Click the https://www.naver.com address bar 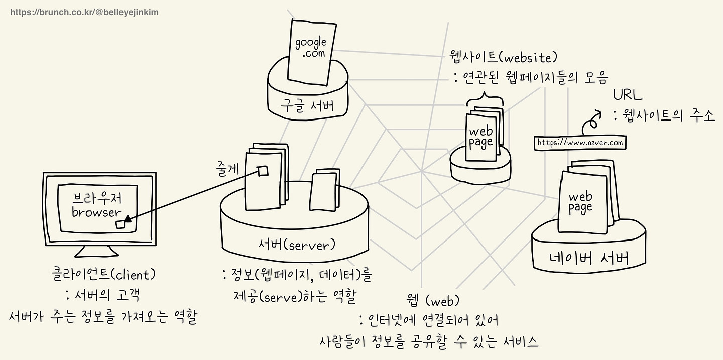tap(580, 143)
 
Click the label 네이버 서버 tap(588, 259)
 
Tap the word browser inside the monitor tap(96, 212)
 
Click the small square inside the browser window tap(121, 225)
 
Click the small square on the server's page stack tap(263, 171)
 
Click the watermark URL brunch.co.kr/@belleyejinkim tap(84, 12)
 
